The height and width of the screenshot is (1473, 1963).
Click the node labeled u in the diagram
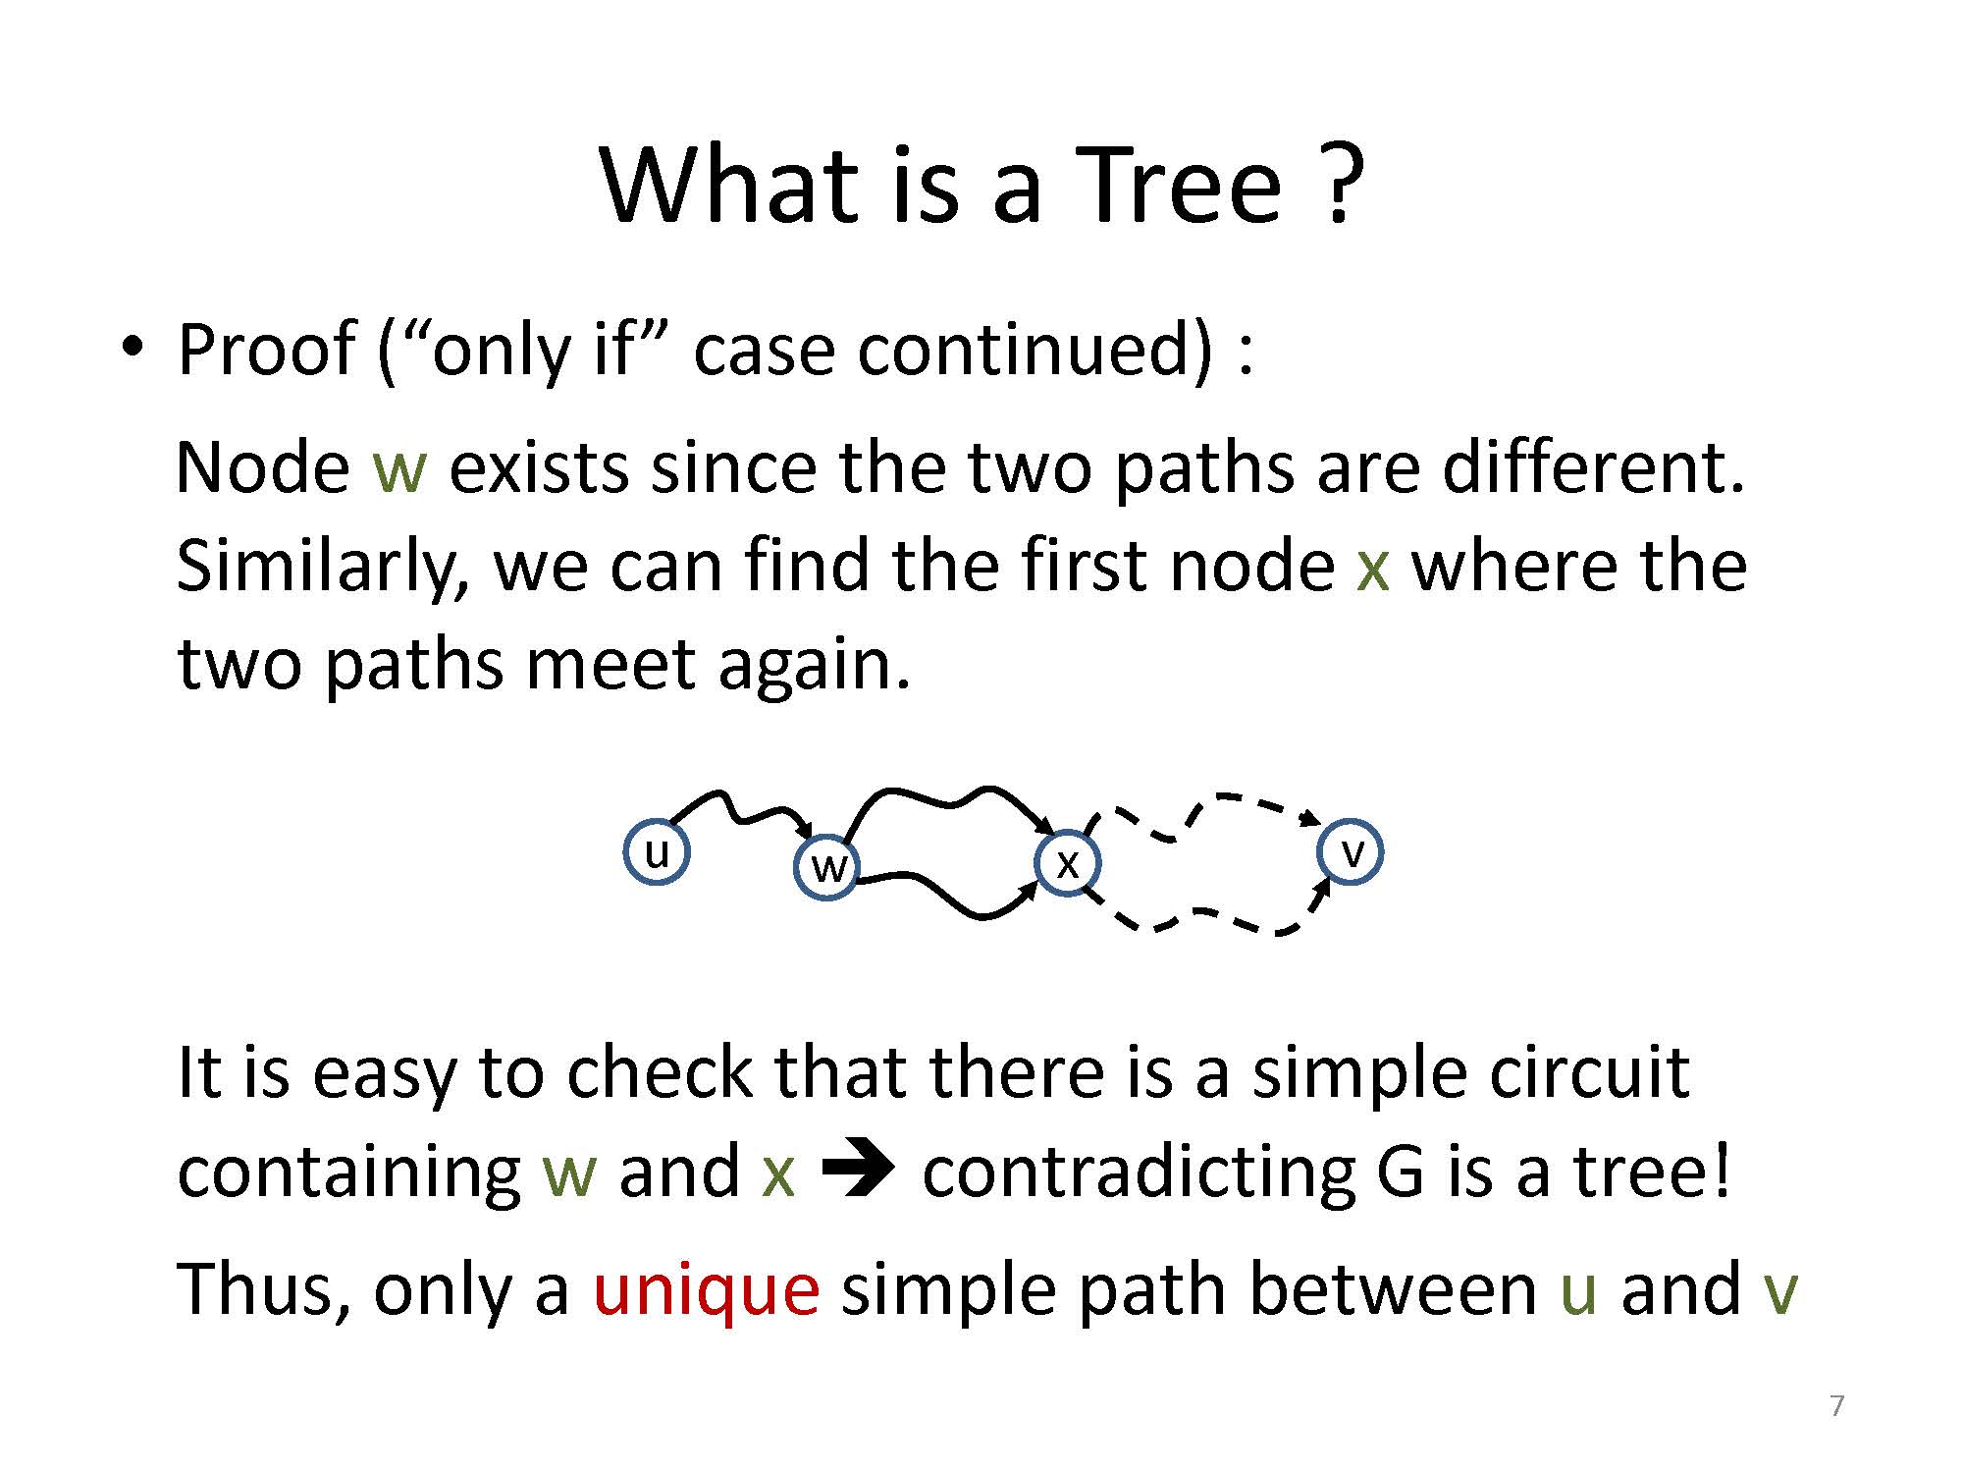(657, 851)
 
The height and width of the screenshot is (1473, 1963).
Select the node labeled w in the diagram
(827, 867)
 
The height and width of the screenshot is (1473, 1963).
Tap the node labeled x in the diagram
(1068, 863)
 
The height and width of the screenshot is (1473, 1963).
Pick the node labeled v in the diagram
(1351, 851)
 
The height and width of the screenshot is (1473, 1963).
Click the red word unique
(706, 1288)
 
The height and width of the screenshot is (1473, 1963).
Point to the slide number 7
(1837, 1406)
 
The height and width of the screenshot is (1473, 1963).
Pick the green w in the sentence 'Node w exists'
(399, 468)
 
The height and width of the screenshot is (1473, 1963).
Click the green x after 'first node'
(1372, 569)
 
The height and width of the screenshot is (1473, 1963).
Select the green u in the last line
(1578, 1290)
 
